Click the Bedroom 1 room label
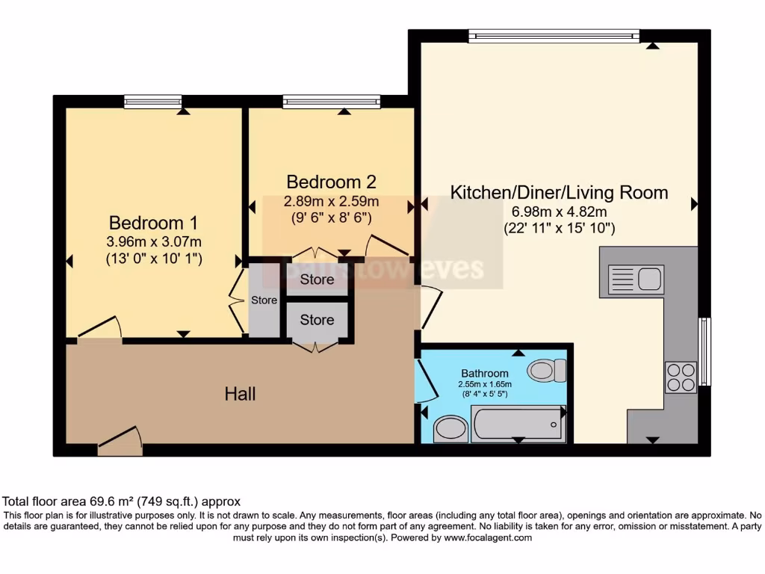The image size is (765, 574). pos(154,223)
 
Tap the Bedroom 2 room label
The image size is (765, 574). pos(331,182)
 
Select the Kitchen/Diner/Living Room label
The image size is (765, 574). pos(559,192)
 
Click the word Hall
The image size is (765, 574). pos(241,393)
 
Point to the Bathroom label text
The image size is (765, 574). pos(484,373)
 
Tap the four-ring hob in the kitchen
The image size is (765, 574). pos(681,377)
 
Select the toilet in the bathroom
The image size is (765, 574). pos(547,370)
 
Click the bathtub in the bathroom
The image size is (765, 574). pos(518,424)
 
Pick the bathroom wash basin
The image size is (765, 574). pos(450,429)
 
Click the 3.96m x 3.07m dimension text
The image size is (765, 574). pos(154,241)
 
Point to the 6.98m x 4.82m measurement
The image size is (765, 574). pos(559,212)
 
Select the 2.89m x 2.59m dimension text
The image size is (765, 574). pos(331,201)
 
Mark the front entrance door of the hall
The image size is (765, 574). pos(120,442)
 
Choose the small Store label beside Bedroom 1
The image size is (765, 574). pos(264,300)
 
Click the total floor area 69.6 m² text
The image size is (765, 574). pos(122,502)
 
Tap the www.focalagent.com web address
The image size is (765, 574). pos(488,537)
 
